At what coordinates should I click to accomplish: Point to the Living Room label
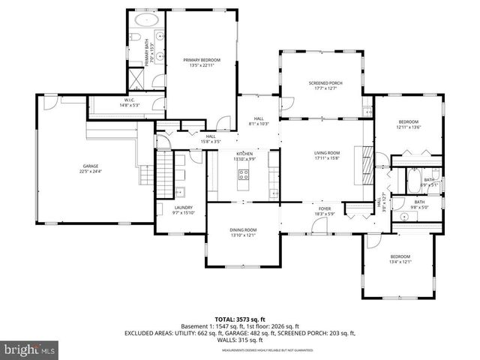point(327,153)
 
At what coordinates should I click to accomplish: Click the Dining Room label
point(243,230)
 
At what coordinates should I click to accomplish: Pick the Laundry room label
point(184,208)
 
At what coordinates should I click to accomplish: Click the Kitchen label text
point(244,154)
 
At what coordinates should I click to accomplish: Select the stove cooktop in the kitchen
point(244,175)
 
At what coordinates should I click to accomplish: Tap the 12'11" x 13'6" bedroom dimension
point(408,127)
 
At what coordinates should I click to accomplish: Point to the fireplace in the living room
point(367,160)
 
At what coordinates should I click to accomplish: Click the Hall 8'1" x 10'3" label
point(259,121)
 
